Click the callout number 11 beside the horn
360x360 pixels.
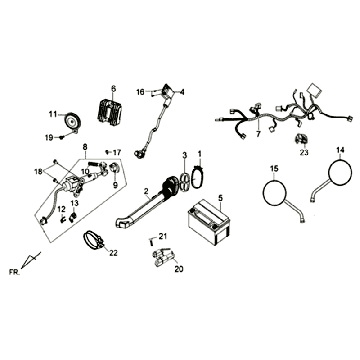point(53,114)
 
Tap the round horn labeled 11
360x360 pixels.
point(72,121)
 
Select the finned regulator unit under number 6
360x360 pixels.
point(110,110)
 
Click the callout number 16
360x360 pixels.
point(140,92)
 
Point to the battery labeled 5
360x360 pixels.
point(209,222)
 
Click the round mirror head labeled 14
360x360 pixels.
point(340,172)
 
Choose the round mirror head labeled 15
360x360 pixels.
point(275,192)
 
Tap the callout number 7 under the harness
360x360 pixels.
point(259,134)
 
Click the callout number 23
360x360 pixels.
point(304,152)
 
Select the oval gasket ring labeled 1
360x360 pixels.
point(197,178)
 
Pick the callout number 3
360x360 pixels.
point(185,155)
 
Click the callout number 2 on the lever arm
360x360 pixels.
point(146,191)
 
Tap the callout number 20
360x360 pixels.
point(179,269)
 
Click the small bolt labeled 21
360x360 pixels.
point(151,240)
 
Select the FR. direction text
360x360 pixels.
point(14,272)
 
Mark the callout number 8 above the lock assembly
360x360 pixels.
point(85,146)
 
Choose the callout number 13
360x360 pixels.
point(74,203)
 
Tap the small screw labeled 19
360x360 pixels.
point(62,137)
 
